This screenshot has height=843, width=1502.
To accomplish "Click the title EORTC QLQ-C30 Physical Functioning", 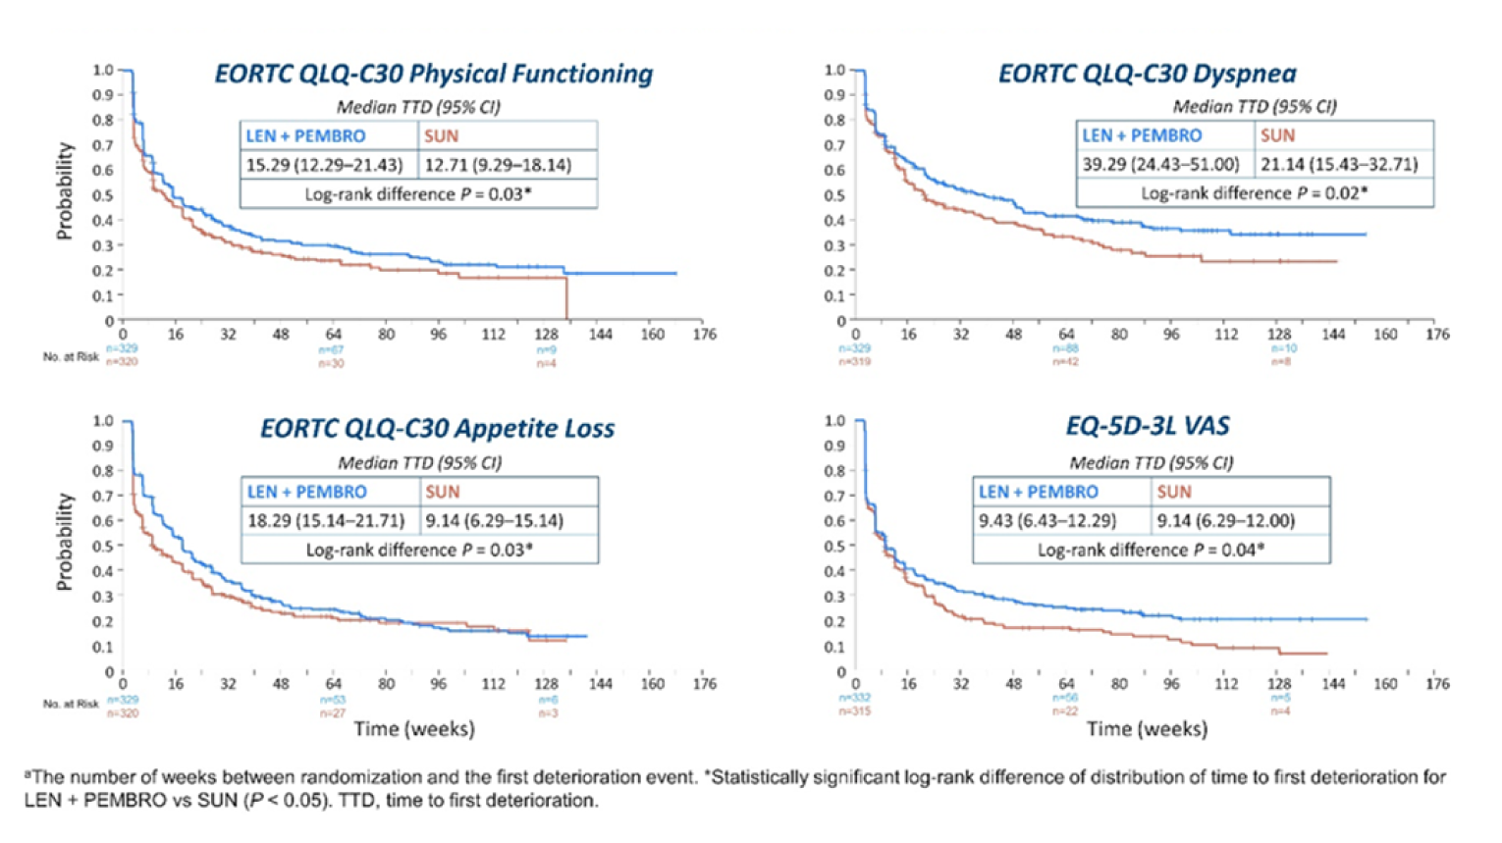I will [x=433, y=75].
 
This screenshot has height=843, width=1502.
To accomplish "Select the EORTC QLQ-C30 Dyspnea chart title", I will [x=1147, y=75].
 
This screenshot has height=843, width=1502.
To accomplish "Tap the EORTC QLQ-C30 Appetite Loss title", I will [x=437, y=429].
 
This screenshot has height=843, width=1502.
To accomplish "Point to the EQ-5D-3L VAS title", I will [x=1147, y=426].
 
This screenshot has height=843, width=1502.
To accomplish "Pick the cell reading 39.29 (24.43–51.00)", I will [x=1160, y=164].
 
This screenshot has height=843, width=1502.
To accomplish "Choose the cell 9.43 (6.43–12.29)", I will [x=1046, y=520].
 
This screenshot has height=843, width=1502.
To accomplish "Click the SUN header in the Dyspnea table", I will [x=1277, y=135].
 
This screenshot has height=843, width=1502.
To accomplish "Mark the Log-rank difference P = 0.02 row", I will [x=1254, y=193].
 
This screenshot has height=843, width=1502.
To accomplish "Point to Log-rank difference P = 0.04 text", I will [x=1151, y=550].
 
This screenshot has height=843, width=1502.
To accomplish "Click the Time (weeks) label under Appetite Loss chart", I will [x=414, y=729].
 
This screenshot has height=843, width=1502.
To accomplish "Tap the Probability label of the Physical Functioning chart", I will [x=65, y=191].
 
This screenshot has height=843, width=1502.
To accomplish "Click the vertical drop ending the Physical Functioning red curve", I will [x=567, y=298].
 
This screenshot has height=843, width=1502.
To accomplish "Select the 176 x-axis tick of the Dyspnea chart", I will [x=1437, y=335].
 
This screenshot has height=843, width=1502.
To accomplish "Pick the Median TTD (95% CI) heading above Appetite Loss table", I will [x=419, y=462].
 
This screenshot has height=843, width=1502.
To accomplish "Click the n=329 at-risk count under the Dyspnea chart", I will [x=854, y=348].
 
